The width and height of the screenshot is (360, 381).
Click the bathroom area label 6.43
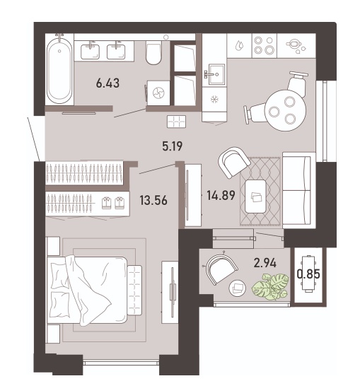pyautogui.click(x=108, y=83)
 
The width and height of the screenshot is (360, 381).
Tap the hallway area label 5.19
pyautogui.click(x=173, y=146)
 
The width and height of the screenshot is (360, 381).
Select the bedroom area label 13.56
pyautogui.click(x=153, y=201)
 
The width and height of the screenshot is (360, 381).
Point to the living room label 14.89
pyautogui.click(x=221, y=195)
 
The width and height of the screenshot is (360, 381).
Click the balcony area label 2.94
pyautogui.click(x=265, y=263)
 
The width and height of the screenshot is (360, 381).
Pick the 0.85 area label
pyautogui.click(x=308, y=274)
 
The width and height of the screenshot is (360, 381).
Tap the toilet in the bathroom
pyautogui.click(x=153, y=53)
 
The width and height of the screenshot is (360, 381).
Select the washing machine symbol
pyautogui.click(x=158, y=93)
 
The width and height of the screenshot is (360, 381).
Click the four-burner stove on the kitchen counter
pyautogui.click(x=265, y=46)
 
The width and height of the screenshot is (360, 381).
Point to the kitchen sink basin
pyautogui.click(x=216, y=74)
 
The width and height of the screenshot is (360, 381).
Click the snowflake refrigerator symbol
pyautogui.click(x=214, y=100)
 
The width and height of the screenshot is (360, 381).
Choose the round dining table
pyautogui.click(x=285, y=110)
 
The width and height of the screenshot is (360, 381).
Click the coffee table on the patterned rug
pyautogui.click(x=255, y=197)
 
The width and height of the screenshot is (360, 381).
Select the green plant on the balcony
pyautogui.click(x=270, y=286)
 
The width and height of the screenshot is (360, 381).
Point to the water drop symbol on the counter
pyautogui.click(x=240, y=45)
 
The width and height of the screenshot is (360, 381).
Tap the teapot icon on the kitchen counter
pyautogui.click(x=296, y=46)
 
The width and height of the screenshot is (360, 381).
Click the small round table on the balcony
pyautogui.click(x=237, y=288)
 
